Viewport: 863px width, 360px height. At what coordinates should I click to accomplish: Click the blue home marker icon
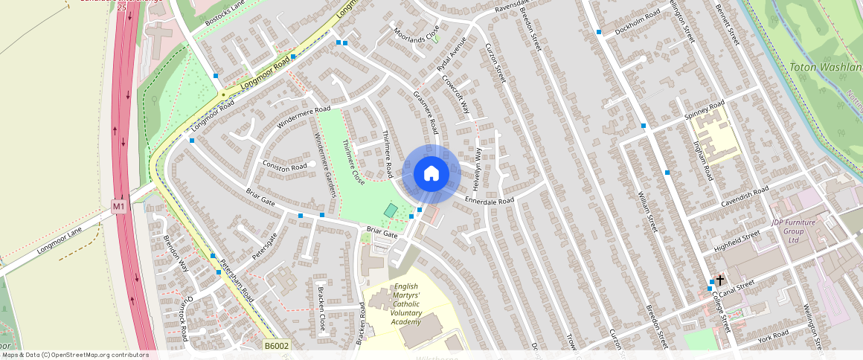tap(431, 174)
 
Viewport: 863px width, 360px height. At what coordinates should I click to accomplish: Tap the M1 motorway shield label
tap(119, 205)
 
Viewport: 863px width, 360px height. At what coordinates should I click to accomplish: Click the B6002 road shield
tap(276, 346)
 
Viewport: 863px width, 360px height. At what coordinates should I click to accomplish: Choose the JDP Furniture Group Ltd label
tap(795, 231)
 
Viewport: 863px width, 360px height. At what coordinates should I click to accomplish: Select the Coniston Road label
tap(284, 165)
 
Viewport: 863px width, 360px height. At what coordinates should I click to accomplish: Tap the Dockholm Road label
tap(638, 23)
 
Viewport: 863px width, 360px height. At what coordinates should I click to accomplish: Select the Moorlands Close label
tap(416, 33)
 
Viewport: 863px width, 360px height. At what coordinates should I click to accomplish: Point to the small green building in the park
tap(391, 210)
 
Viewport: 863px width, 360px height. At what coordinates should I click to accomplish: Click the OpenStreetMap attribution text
tap(74, 355)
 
